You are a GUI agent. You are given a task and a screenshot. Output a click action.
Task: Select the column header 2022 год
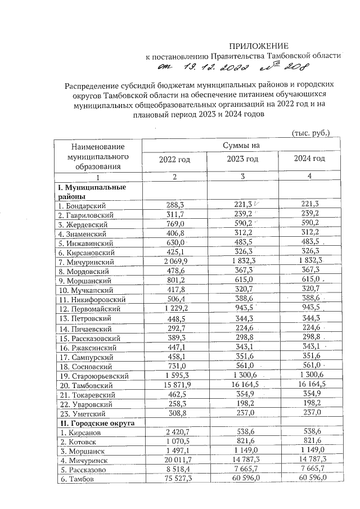point(174,159)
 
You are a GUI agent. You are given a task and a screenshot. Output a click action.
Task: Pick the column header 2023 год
point(242,159)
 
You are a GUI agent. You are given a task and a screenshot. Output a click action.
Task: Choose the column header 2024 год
point(309,159)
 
